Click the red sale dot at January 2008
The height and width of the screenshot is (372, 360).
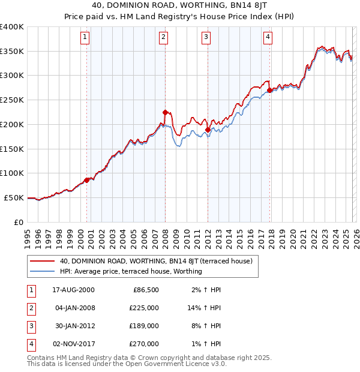point(165,112)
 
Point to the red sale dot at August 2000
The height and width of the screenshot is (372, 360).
point(87,179)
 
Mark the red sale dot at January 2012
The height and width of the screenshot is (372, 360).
point(208,130)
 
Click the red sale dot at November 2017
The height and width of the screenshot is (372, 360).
point(269,90)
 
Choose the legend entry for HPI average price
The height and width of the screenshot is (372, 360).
point(131,271)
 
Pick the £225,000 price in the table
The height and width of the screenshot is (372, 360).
point(145,308)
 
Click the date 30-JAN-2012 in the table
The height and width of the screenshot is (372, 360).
point(74,326)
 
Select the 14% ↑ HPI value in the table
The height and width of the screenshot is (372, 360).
point(205,308)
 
